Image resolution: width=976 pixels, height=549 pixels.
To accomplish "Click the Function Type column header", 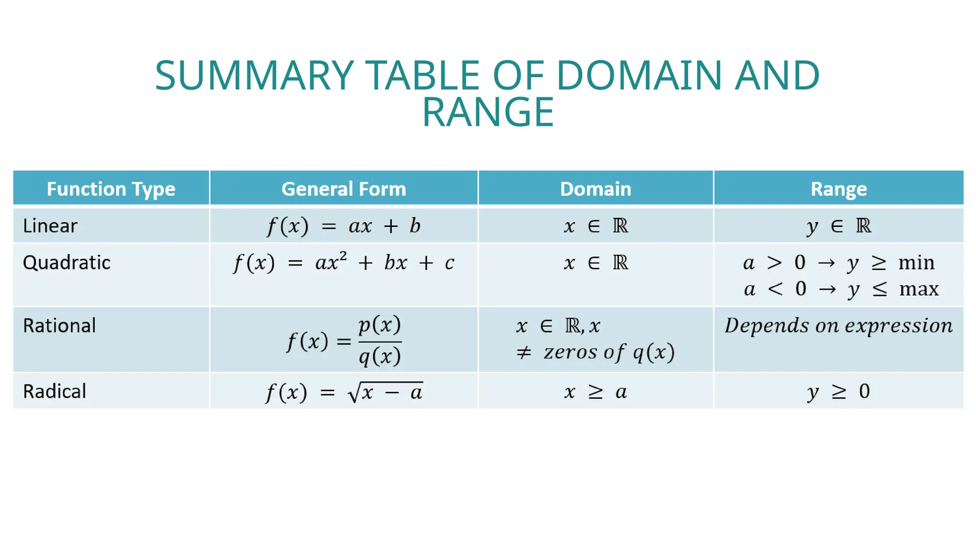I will pyautogui.click(x=111, y=189).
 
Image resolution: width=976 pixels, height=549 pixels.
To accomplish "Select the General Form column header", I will pyautogui.click(x=344, y=189).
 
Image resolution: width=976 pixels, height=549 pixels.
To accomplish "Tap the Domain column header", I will pyautogui.click(x=595, y=189).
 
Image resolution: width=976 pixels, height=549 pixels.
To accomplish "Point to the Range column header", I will pyautogui.click(x=839, y=189).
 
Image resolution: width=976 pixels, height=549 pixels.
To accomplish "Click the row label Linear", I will pyautogui.click(x=50, y=226).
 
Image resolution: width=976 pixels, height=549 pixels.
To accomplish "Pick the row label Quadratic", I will pyautogui.click(x=67, y=263).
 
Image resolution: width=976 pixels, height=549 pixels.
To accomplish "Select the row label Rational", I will pyautogui.click(x=60, y=326).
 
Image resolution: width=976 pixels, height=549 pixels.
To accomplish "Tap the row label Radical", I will pyautogui.click(x=55, y=391).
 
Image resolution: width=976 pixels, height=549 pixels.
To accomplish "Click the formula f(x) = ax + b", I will pyautogui.click(x=344, y=226).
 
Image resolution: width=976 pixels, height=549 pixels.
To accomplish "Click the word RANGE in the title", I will pyautogui.click(x=488, y=112).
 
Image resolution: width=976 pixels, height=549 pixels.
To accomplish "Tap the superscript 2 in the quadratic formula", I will pyautogui.click(x=343, y=255).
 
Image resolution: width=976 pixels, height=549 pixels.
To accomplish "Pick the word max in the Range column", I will pyautogui.click(x=918, y=289).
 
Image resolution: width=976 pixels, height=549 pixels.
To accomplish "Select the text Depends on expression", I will pyautogui.click(x=839, y=326).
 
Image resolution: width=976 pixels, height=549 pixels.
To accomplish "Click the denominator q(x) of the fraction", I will pyautogui.click(x=380, y=356).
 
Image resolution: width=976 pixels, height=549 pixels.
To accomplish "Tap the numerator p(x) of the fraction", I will pyautogui.click(x=380, y=325).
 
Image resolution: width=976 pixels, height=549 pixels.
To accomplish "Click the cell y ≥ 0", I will pyautogui.click(x=839, y=392).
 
